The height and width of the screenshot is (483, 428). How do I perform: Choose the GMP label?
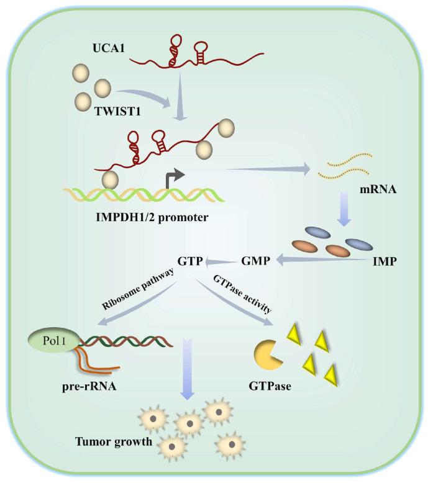[x=255, y=261]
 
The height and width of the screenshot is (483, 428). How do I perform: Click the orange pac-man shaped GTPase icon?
[x=269, y=354]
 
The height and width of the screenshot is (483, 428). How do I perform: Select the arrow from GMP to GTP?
[x=222, y=261]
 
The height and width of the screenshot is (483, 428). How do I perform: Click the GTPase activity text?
[x=243, y=293]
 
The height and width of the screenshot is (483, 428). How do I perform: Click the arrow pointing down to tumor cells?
[x=188, y=379]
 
